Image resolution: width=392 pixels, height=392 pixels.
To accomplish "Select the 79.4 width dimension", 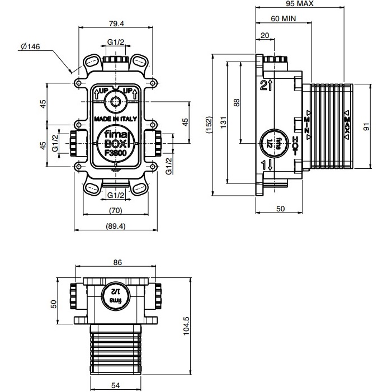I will (116, 23).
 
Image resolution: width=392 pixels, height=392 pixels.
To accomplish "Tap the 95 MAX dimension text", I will (299, 3).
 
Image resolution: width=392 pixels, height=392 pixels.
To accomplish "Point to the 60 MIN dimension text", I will (283, 18).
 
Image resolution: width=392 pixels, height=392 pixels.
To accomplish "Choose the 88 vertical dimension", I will (237, 102).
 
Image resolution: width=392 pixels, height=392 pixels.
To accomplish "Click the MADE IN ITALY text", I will (116, 119).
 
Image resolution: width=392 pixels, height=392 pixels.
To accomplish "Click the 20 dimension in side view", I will (265, 36).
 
